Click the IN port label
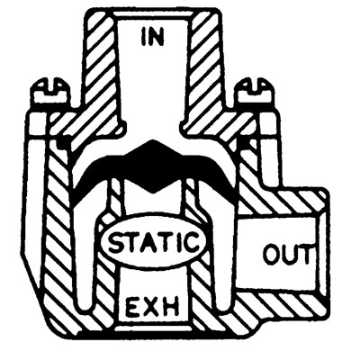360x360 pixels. click(x=153, y=38)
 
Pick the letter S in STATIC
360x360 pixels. click(x=116, y=242)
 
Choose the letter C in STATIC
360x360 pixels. click(x=193, y=242)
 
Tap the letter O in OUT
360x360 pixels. click(x=272, y=255)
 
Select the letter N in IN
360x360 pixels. click(x=157, y=38)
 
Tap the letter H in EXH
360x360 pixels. click(x=171, y=307)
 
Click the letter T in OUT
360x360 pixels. click(x=303, y=255)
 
